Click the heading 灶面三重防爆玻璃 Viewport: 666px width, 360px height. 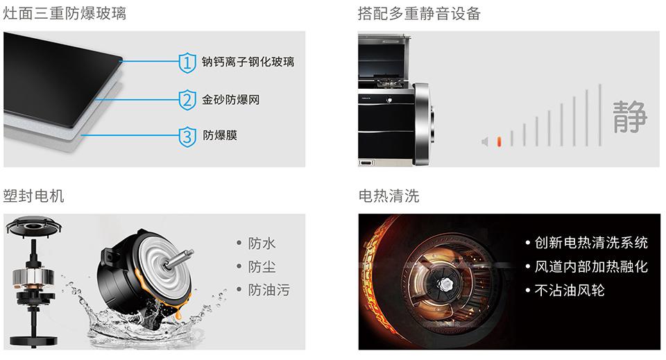65,14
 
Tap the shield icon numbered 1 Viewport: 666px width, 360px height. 187,63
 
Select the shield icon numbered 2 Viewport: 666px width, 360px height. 187,100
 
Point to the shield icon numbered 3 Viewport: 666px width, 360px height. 187,137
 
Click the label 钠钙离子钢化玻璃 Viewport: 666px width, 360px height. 248,62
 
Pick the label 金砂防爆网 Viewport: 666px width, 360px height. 230,100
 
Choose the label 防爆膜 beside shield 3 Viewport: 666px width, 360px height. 220,135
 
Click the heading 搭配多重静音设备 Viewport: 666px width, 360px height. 419,14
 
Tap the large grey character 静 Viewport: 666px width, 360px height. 630,117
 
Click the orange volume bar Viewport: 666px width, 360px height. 499,142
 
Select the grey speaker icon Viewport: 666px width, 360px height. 485,142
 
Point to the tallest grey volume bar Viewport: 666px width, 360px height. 599,115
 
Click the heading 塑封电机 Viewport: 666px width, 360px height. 33,196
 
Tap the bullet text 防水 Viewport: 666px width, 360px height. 262,243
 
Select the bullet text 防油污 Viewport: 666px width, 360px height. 269,291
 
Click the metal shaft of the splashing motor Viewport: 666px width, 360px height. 179,258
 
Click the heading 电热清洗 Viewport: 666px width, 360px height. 388,196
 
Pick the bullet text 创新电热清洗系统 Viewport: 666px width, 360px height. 591,243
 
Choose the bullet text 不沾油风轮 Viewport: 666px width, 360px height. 569,291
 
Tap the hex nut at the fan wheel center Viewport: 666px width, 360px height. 445,284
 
